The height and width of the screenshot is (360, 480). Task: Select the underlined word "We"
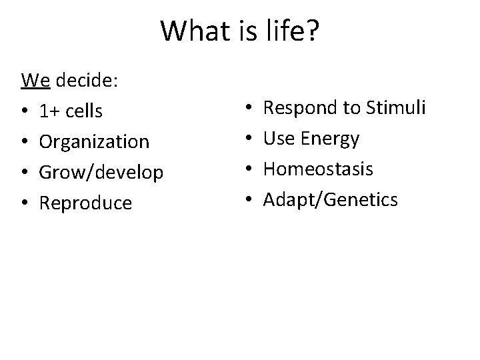tap(35, 81)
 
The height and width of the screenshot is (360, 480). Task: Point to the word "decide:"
tap(87, 81)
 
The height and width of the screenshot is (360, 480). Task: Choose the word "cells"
tap(84, 112)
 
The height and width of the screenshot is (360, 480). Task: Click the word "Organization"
tap(94, 142)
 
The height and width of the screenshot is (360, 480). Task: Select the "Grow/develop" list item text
tap(101, 173)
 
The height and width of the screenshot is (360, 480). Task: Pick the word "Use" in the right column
tap(279, 139)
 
